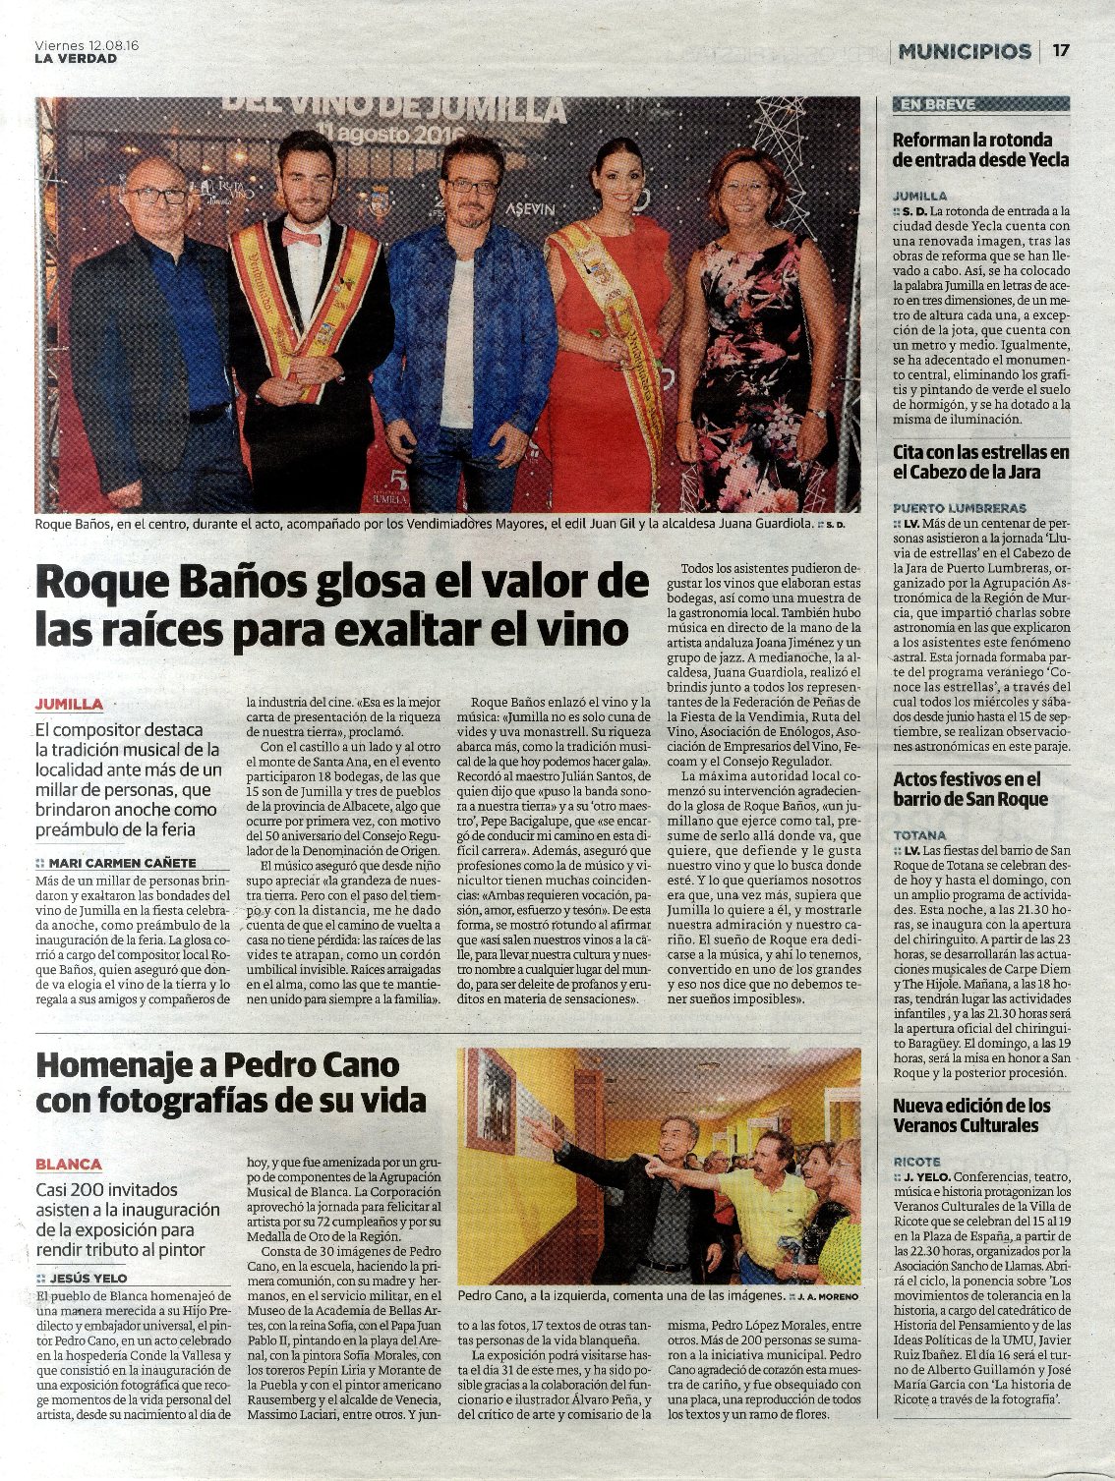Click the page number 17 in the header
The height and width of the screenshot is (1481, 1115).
(x=1061, y=51)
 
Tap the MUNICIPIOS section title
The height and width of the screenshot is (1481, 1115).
(x=965, y=51)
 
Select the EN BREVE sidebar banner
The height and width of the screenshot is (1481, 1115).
(x=980, y=104)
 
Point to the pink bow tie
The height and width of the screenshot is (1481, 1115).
(x=301, y=237)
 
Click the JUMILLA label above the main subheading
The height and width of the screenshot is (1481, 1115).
(x=69, y=704)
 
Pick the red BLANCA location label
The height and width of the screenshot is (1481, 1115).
(x=69, y=1164)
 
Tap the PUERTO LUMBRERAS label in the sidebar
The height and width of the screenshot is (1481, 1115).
(x=959, y=508)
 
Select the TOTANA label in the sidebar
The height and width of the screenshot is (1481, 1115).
(x=919, y=834)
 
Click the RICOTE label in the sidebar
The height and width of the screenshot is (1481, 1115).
(x=916, y=1161)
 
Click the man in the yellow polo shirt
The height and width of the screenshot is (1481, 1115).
(x=766, y=1209)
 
